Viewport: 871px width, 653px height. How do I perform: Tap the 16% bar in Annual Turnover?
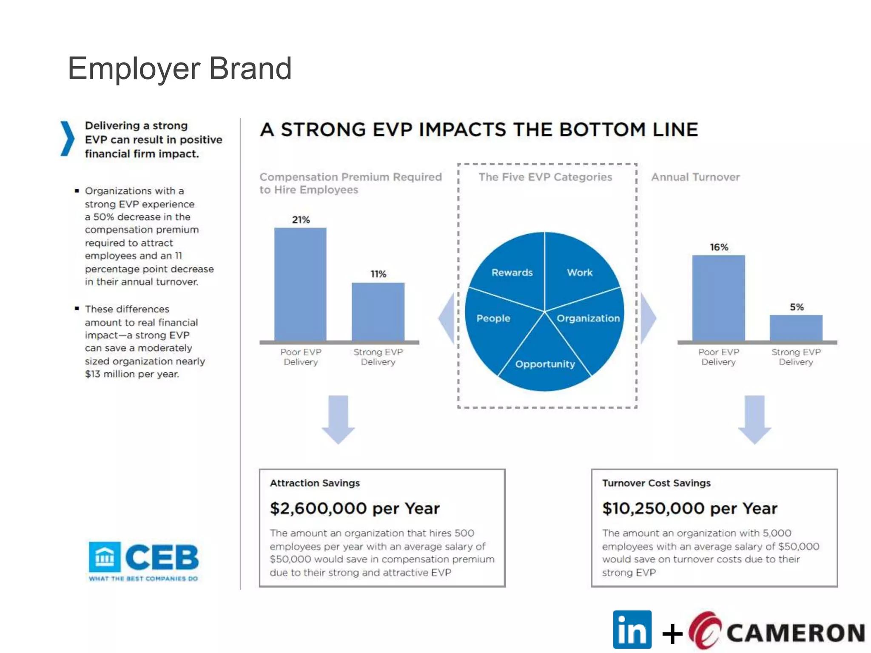718,298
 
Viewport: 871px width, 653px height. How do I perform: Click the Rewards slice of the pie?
512,273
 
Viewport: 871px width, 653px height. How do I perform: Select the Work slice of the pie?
579,273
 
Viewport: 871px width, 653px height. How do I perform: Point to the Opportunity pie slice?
545,364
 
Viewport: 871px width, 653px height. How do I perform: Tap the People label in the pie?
493,318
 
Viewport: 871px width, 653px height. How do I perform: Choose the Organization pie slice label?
588,318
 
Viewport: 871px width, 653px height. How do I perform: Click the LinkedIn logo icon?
632,630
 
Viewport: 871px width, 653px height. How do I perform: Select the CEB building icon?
105,556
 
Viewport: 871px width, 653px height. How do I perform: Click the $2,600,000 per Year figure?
355,508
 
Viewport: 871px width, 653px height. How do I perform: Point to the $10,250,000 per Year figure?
689,508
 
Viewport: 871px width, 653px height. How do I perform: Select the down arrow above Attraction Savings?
338,419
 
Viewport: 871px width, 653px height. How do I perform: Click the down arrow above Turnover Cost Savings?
754,419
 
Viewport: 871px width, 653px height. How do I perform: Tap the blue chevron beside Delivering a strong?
67,139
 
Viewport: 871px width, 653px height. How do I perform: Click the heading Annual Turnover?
695,177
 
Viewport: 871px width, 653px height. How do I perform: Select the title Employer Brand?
179,68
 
